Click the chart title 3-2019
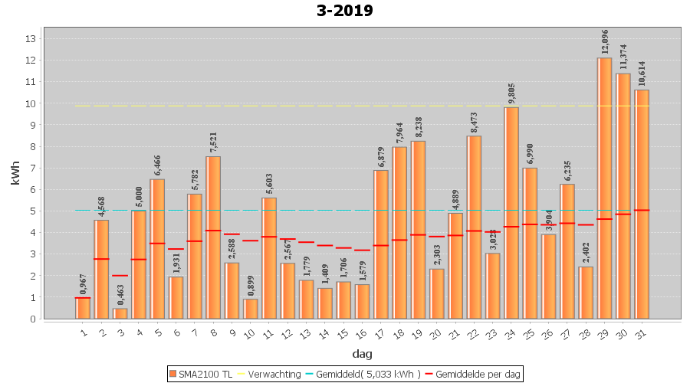tap(344, 11)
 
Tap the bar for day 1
tap(83, 308)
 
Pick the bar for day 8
tap(213, 237)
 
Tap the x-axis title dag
tap(363, 354)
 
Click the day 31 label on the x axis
tap(642, 331)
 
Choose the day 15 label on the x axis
tap(343, 331)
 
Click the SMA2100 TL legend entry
tap(202, 374)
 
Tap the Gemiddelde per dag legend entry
tap(473, 374)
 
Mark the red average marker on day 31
tap(642, 210)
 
